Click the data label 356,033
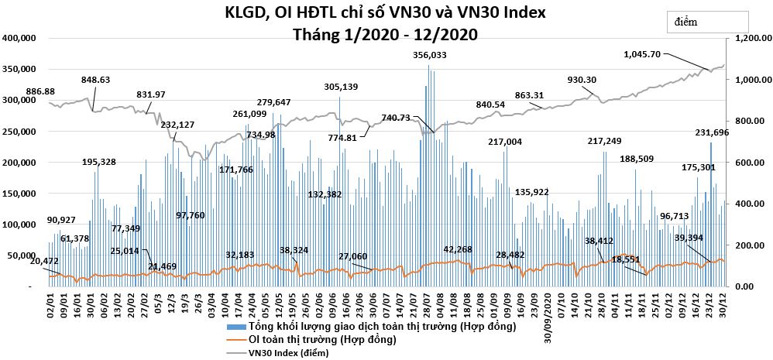pyautogui.click(x=429, y=55)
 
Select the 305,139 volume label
pyautogui.click(x=341, y=87)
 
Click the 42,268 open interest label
pyautogui.click(x=458, y=249)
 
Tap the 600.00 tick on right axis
pyautogui.click(x=746, y=163)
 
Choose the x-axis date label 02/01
pyautogui.click(x=51, y=301)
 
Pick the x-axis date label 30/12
pyautogui.click(x=723, y=301)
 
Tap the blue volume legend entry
pyautogui.click(x=371, y=326)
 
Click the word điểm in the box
pyautogui.click(x=685, y=22)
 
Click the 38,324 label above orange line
pyautogui.click(x=294, y=250)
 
